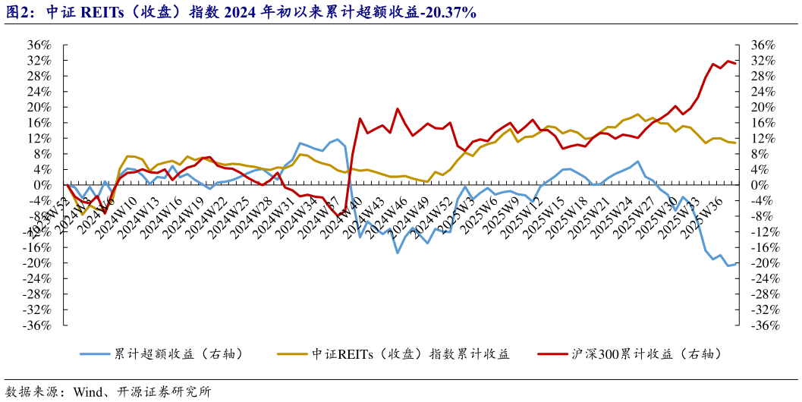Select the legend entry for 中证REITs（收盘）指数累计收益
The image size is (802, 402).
point(410,354)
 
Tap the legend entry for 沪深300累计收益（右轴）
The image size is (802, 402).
point(644,354)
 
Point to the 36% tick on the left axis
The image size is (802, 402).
point(39,44)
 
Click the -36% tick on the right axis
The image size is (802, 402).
point(763,325)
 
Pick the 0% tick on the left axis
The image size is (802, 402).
point(43,185)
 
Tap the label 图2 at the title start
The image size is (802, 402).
point(18,12)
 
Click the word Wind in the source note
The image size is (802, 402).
point(90,392)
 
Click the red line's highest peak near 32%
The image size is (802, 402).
point(728,61)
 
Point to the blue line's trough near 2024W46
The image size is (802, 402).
point(397,253)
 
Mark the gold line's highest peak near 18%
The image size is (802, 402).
point(638,115)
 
